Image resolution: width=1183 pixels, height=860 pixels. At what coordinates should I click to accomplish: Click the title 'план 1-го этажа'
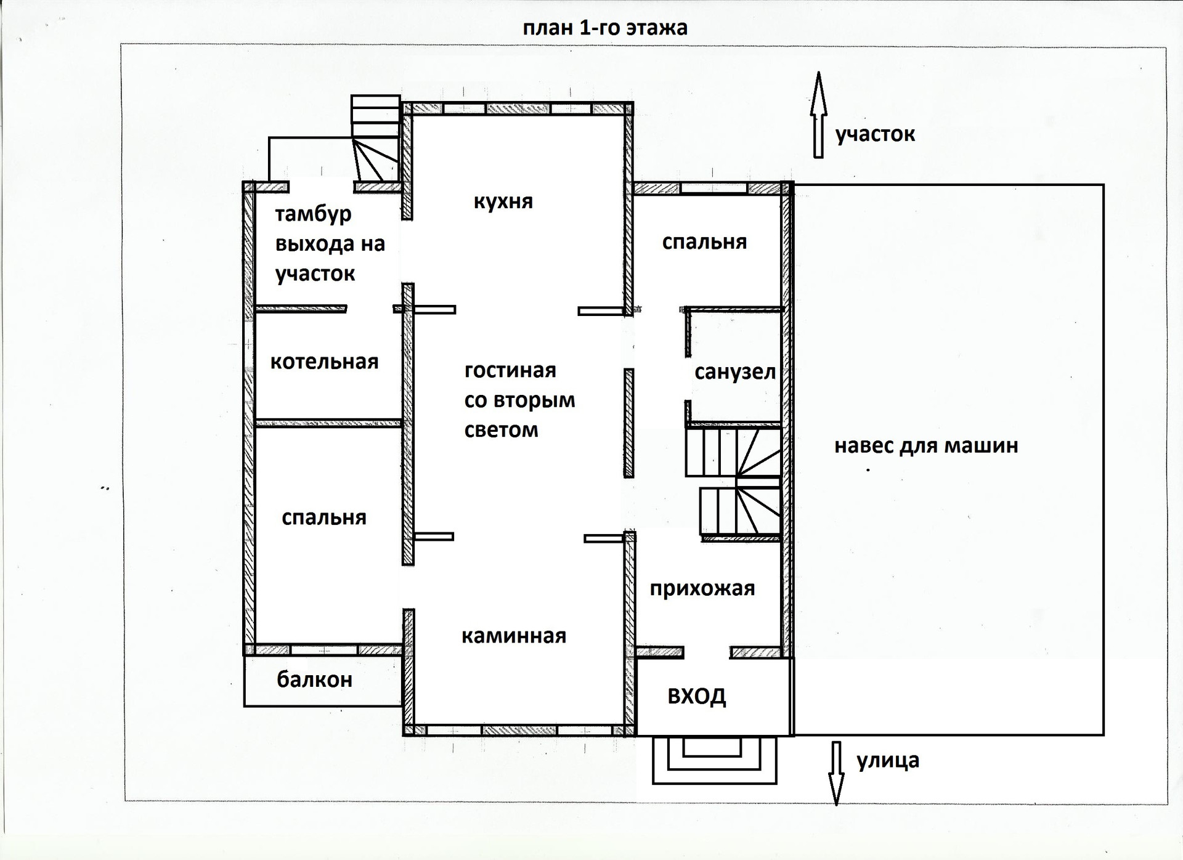[x=604, y=28]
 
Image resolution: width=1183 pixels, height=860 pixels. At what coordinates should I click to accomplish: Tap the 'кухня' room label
[x=503, y=201]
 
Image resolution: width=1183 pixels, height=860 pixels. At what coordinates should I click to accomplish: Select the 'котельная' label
[x=324, y=362]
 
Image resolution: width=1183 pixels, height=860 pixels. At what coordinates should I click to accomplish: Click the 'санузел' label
[x=734, y=372]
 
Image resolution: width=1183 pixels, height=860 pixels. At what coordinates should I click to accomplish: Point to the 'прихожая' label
[x=702, y=588]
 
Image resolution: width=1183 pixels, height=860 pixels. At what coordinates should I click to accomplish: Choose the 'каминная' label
[x=513, y=636]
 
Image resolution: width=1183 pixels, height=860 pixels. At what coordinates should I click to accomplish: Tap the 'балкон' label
[x=314, y=679]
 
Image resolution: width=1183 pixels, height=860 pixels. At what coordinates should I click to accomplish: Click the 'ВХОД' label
[x=696, y=697]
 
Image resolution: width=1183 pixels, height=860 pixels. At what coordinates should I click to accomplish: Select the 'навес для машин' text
[x=925, y=445]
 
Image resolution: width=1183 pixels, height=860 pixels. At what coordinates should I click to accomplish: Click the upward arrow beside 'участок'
[x=818, y=115]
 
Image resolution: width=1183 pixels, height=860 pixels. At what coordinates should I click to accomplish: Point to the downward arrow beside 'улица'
[x=836, y=773]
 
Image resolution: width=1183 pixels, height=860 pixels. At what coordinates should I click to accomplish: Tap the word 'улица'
[x=887, y=761]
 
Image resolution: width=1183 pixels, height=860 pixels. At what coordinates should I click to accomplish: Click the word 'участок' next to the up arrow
[x=875, y=134]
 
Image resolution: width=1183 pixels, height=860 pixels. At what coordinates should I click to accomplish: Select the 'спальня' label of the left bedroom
[x=323, y=517]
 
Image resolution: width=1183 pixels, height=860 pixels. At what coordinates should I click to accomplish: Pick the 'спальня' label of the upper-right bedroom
[x=704, y=242]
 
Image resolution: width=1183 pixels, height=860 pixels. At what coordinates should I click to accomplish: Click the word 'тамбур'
[x=313, y=214]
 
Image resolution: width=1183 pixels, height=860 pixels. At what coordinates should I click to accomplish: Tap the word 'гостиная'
[x=510, y=370]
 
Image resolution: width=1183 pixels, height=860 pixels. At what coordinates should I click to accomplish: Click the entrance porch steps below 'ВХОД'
[x=713, y=760]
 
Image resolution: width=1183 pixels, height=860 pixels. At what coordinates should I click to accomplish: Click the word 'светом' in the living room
[x=501, y=430]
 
